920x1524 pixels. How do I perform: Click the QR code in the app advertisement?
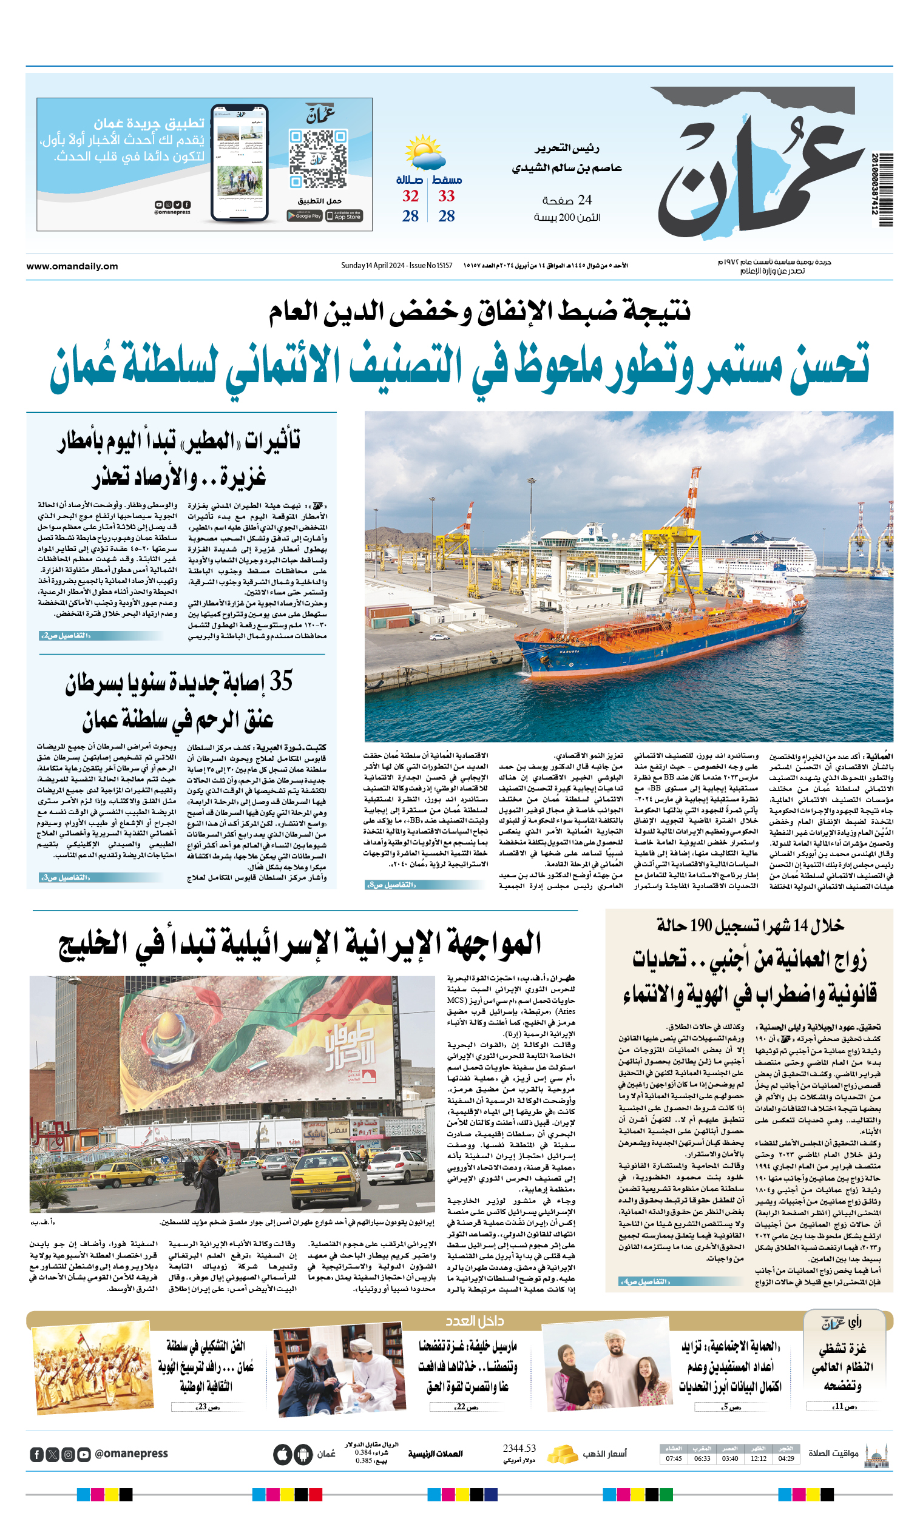click(x=317, y=158)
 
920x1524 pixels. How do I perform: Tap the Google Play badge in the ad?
click(x=305, y=216)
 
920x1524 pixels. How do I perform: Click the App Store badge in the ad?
click(x=345, y=216)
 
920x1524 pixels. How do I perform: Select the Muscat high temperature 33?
click(x=447, y=197)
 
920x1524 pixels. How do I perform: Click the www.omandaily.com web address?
click(x=72, y=266)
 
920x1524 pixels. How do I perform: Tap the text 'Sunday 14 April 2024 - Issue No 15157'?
click(x=397, y=266)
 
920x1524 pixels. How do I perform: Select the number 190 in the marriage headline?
click(x=701, y=926)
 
